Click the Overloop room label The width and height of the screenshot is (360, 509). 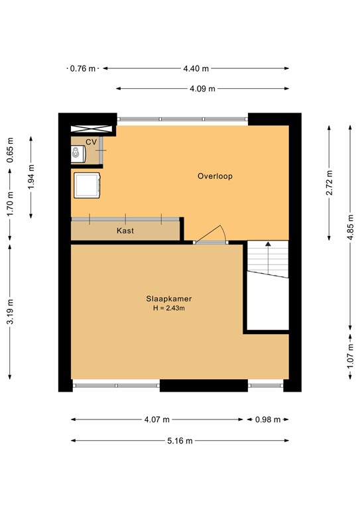[x=215, y=176]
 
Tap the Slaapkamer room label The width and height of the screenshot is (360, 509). [x=164, y=299]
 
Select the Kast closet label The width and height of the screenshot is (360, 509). [x=125, y=231]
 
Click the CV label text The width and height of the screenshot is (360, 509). [x=91, y=142]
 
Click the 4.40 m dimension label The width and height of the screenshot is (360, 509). [x=196, y=68]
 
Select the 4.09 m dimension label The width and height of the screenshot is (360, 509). [x=202, y=88]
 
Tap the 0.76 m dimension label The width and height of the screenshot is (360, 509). [x=83, y=68]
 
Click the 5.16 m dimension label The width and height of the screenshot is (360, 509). [x=180, y=441]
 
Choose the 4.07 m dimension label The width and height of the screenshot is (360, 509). [x=156, y=419]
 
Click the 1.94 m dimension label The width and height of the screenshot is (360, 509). [x=31, y=177]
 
